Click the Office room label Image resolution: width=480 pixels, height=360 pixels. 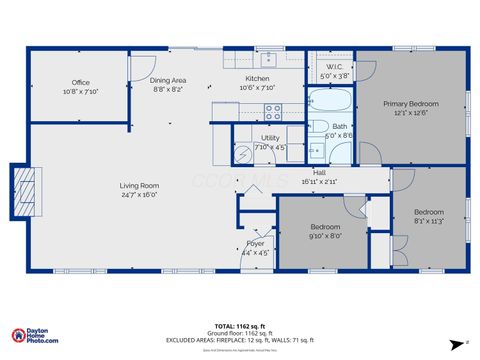coord(81,82)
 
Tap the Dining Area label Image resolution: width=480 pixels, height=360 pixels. coord(168,80)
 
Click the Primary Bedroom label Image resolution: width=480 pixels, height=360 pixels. coord(410,103)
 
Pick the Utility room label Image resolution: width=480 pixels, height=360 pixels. coord(270,138)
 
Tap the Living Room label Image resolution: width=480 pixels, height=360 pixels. coord(140,185)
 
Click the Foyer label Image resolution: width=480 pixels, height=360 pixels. coord(256,243)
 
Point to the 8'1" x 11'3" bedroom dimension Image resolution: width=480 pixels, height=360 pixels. coord(429,221)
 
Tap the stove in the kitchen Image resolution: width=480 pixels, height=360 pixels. coord(272,112)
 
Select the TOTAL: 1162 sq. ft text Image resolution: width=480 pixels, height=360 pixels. coord(239,326)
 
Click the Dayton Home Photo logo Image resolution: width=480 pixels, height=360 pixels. coord(34,336)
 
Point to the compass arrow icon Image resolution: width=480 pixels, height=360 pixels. coord(465,342)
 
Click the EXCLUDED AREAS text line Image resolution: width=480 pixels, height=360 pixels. coord(239,340)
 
